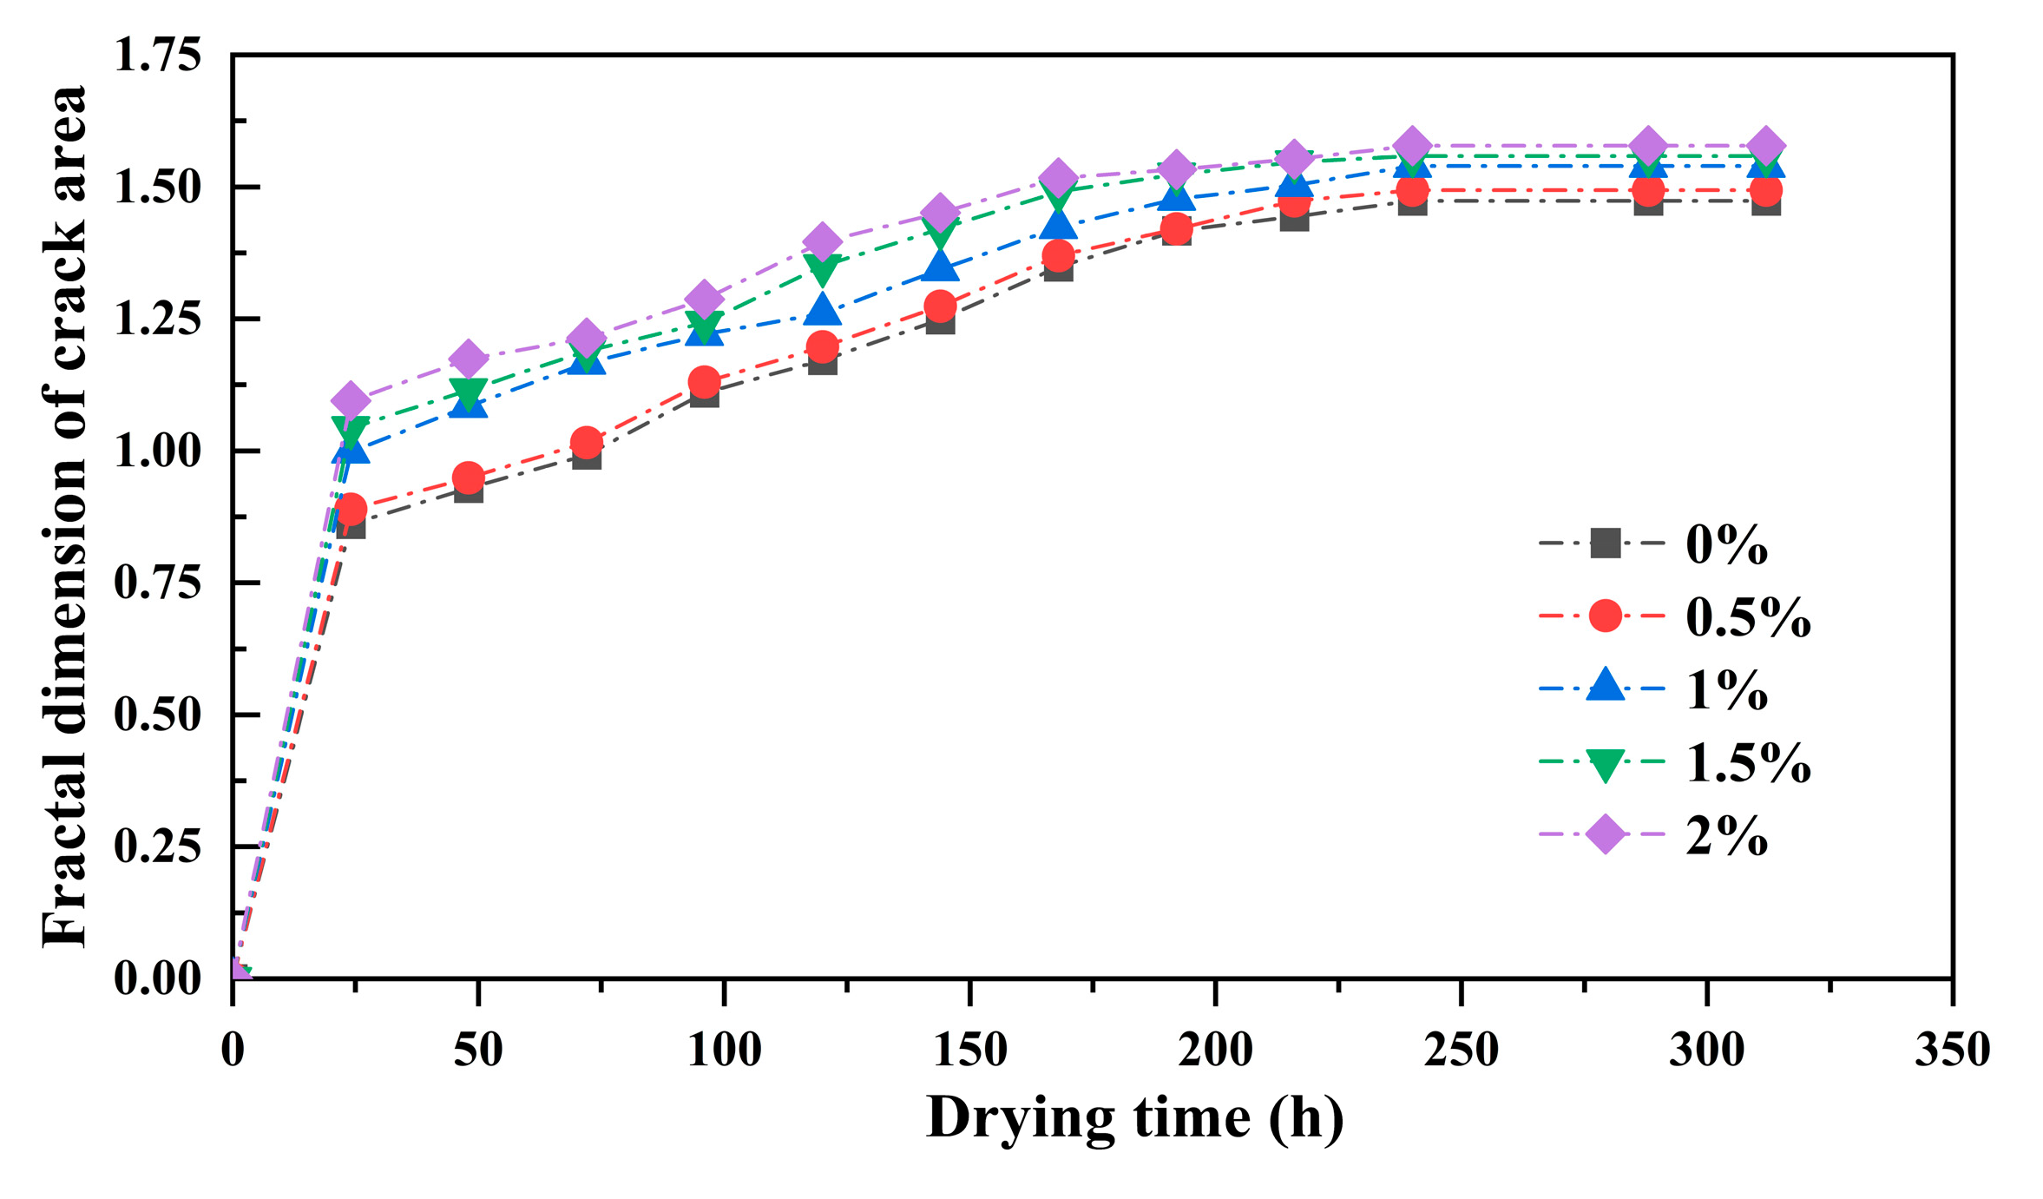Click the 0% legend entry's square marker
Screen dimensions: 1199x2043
click(x=1604, y=544)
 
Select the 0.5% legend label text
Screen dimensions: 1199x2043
click(x=1747, y=618)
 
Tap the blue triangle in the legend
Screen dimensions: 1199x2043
click(x=1604, y=686)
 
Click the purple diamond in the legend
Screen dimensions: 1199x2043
click(x=1604, y=834)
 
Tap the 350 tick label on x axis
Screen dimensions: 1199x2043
click(x=1952, y=1051)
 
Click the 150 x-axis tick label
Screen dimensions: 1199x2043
click(x=969, y=1051)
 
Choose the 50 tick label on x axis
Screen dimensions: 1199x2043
click(x=478, y=1051)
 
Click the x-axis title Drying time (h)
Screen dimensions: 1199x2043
click(x=1134, y=1118)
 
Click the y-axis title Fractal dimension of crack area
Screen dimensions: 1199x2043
click(x=65, y=517)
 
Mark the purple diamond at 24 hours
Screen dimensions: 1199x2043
click(x=350, y=400)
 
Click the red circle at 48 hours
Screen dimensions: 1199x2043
click(x=468, y=477)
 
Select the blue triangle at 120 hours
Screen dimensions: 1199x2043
click(x=822, y=309)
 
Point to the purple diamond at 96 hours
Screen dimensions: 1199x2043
click(x=704, y=299)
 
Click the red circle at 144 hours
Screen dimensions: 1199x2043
click(x=940, y=306)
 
